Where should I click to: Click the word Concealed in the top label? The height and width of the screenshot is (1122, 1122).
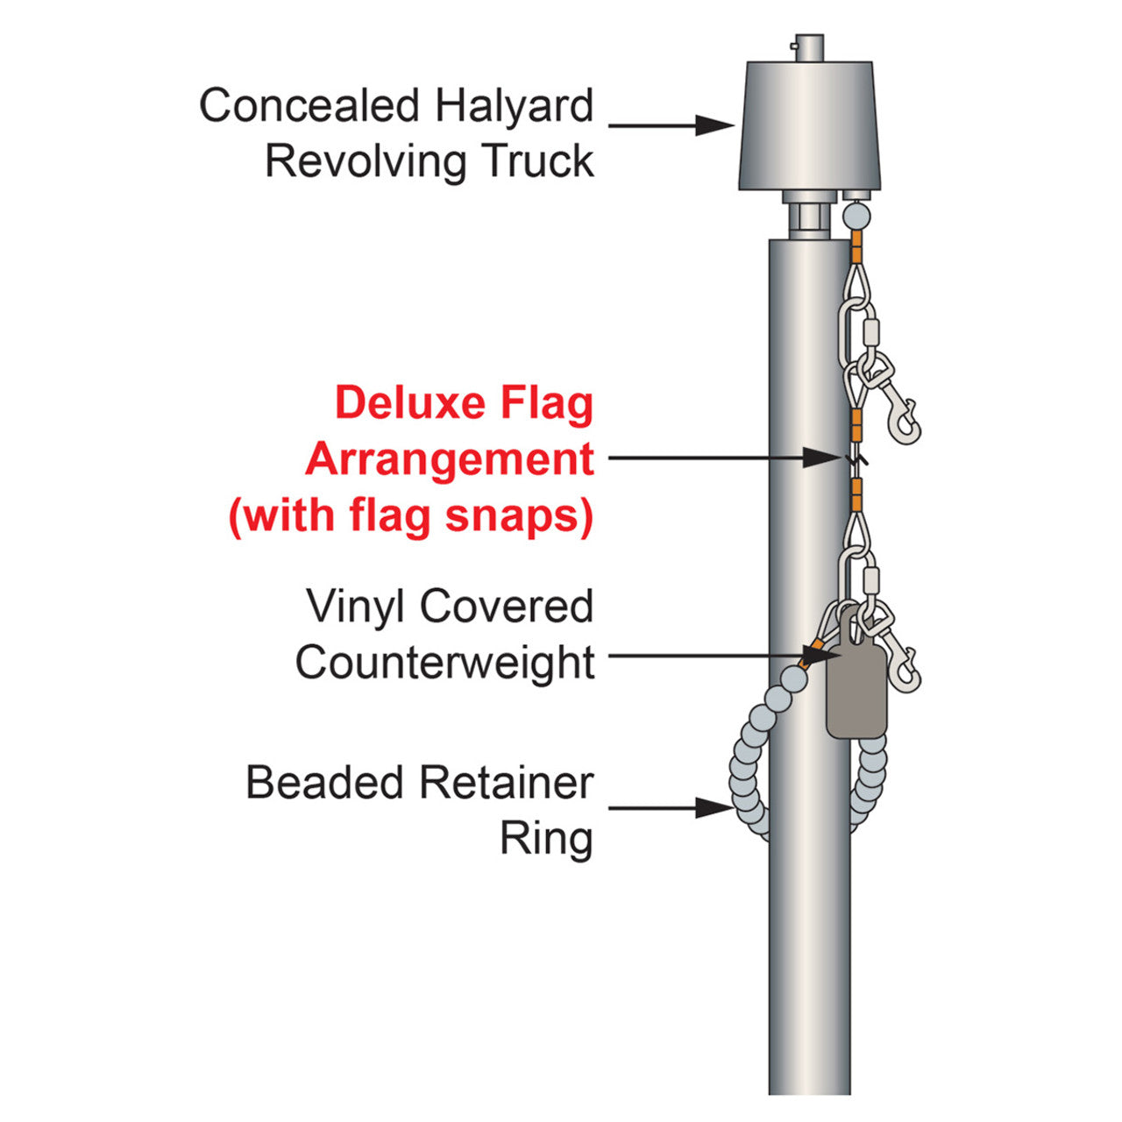pos(309,106)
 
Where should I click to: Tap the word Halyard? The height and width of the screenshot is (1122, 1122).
pos(515,106)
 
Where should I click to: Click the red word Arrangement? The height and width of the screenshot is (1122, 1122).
pos(450,459)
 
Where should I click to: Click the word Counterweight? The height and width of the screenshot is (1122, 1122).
pos(445,663)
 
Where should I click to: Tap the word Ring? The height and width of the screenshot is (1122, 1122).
pos(546,839)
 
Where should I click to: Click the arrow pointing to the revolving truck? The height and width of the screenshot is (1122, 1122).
pos(671,125)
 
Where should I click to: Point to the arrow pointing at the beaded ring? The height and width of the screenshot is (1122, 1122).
pos(671,808)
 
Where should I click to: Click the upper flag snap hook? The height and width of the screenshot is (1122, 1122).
pos(898,412)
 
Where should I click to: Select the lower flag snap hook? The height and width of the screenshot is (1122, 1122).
pos(898,662)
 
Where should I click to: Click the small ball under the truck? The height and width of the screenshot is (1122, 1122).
pos(857,215)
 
